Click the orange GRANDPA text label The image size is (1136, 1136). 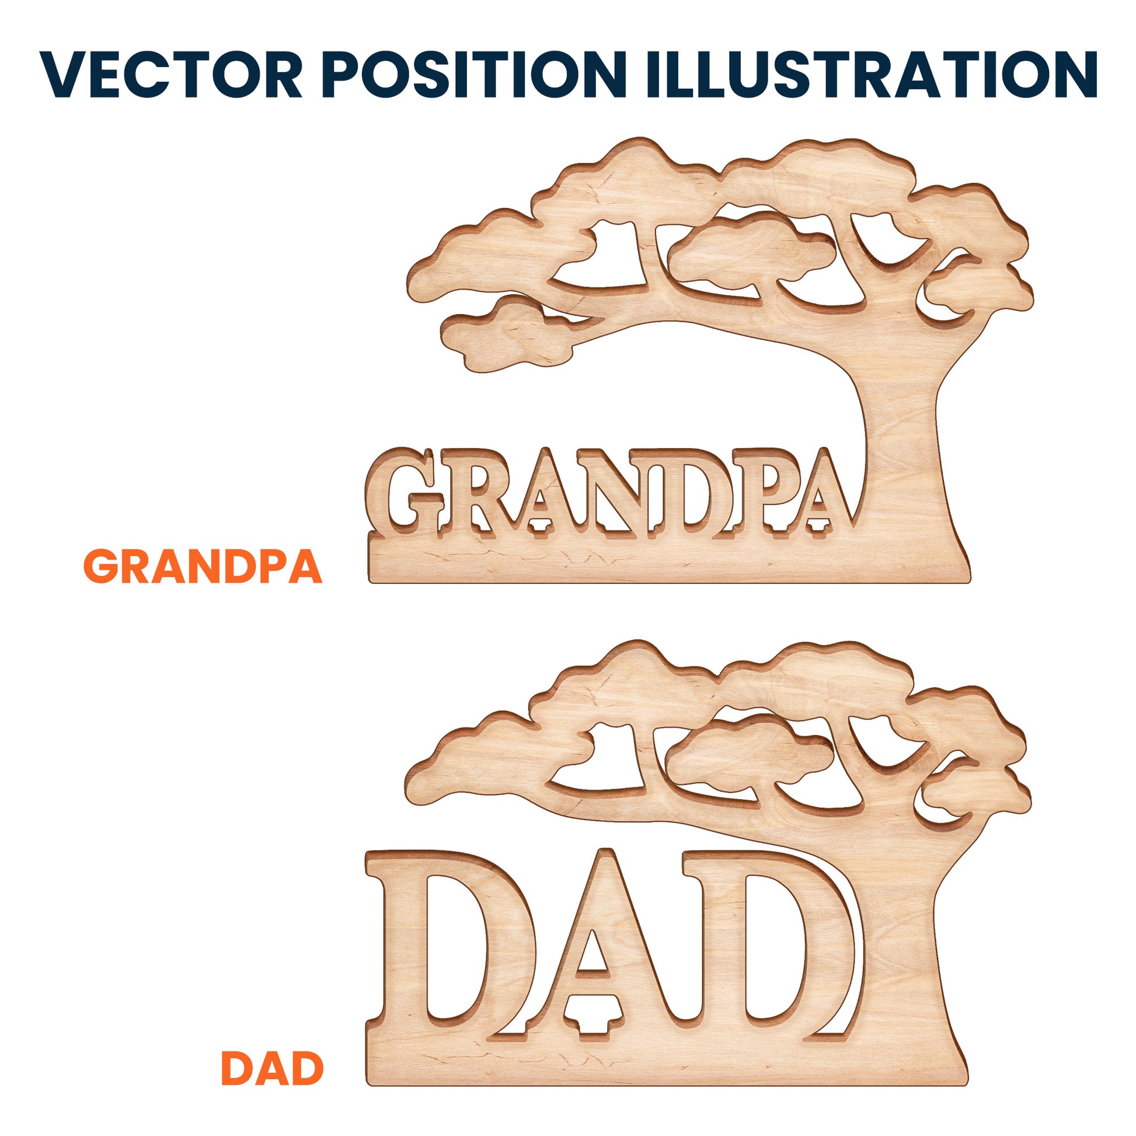tap(204, 566)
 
